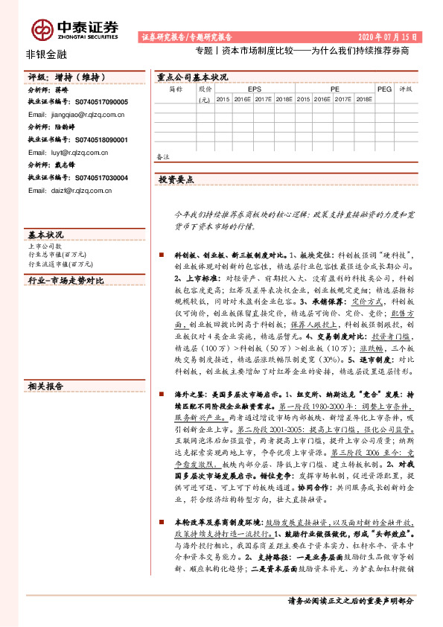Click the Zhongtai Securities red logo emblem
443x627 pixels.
click(x=42, y=28)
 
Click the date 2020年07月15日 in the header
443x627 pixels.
click(x=387, y=36)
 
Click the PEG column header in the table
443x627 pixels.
click(x=384, y=88)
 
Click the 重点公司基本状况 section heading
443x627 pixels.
click(x=192, y=77)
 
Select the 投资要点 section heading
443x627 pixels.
click(x=176, y=179)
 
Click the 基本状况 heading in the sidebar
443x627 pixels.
click(x=45, y=234)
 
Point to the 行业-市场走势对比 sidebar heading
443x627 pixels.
click(x=66, y=280)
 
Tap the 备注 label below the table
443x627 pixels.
click(x=163, y=156)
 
